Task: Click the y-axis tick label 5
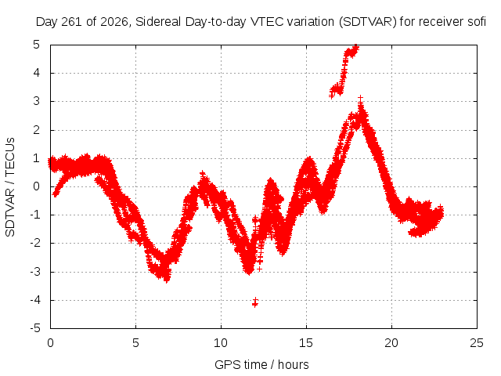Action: point(36,45)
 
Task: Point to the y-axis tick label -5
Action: point(35,328)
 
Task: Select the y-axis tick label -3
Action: point(35,272)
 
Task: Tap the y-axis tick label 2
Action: point(36,130)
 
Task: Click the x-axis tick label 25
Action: point(477,343)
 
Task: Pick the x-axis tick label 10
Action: point(221,343)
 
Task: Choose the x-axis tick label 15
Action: point(306,343)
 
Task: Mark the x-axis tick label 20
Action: point(391,343)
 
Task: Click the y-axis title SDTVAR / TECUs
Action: point(10,187)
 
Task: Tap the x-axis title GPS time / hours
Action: point(261,364)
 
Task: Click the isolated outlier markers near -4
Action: point(255,302)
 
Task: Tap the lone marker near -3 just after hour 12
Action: point(259,269)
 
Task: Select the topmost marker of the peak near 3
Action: point(360,98)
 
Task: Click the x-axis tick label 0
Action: point(50,343)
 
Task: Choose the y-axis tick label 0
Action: point(36,186)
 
